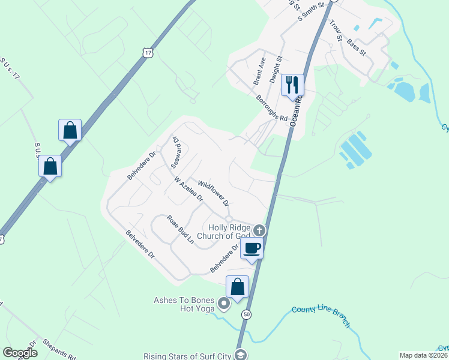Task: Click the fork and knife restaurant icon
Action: [293, 84]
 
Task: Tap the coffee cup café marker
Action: [252, 247]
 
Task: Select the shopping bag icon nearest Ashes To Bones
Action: [238, 287]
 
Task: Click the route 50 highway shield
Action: [246, 314]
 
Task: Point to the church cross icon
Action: [259, 230]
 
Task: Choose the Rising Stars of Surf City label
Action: [187, 356]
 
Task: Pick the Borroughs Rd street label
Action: [271, 109]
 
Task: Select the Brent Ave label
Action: [259, 71]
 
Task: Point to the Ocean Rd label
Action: [294, 110]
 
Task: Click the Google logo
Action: [20, 353]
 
